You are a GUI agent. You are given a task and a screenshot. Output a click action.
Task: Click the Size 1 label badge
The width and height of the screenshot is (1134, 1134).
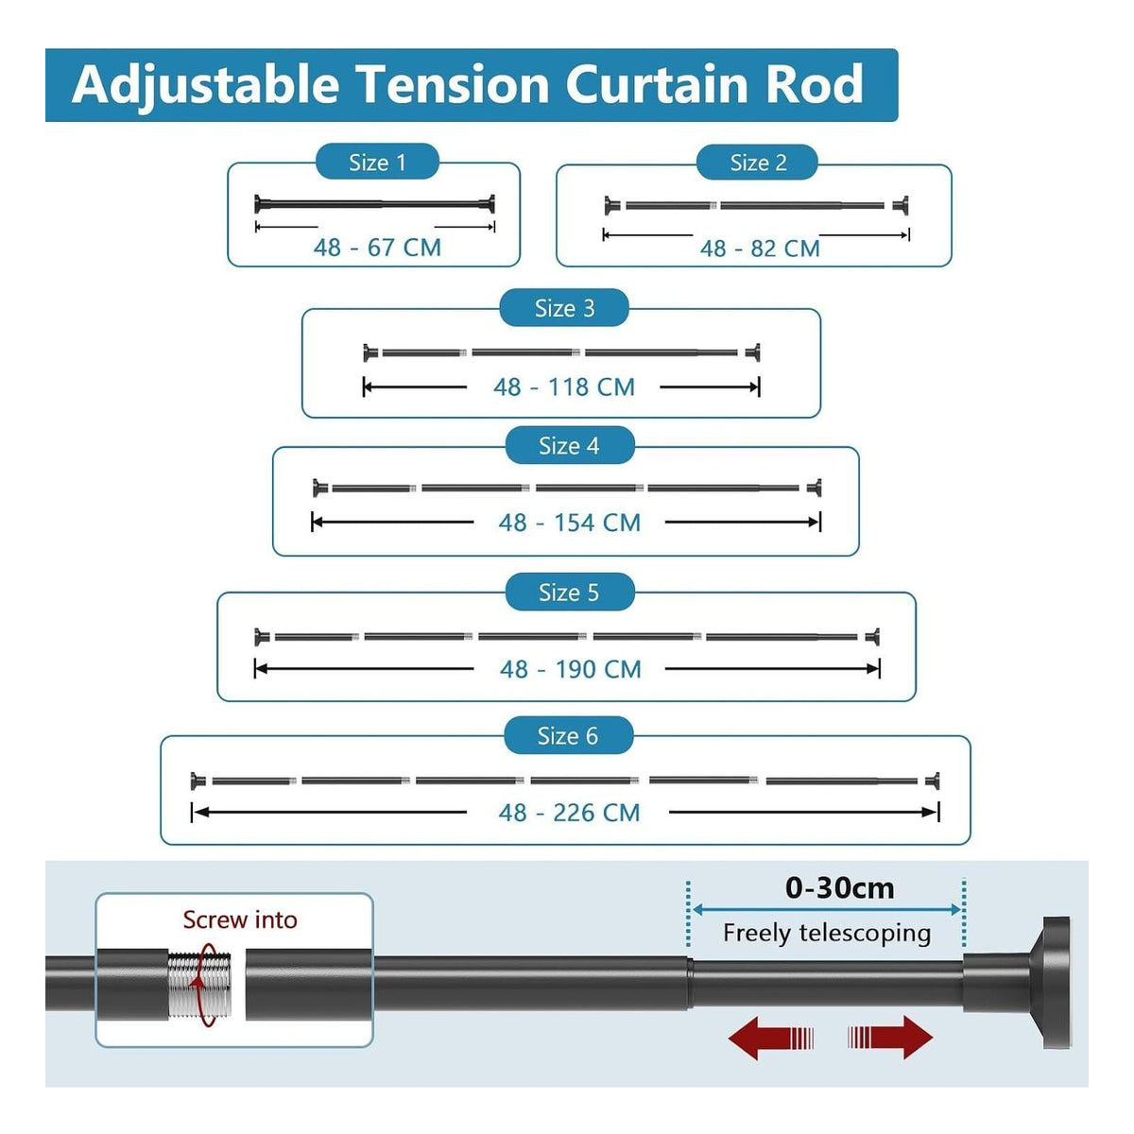377,162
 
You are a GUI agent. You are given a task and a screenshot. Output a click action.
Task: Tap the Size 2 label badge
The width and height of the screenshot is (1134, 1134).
757,163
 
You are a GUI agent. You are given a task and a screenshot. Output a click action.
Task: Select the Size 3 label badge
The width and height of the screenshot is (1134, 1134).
564,308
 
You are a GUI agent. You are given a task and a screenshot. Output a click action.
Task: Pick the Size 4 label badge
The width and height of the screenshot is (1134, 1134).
570,445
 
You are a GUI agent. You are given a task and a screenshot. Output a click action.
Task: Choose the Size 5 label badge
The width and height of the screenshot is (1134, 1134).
570,592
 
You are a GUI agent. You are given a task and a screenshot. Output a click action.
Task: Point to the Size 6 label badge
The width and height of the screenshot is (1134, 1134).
569,735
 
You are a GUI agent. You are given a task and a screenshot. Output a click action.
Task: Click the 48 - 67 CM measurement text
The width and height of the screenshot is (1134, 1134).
377,248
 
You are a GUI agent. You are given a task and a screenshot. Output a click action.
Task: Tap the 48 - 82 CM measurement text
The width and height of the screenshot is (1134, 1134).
760,249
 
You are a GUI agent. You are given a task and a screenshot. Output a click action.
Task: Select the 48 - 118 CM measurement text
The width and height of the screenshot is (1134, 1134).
564,387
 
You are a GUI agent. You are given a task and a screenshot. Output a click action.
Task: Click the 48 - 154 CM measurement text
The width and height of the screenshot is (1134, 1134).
570,523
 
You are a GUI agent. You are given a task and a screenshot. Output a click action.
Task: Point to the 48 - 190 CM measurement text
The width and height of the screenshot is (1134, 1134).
570,669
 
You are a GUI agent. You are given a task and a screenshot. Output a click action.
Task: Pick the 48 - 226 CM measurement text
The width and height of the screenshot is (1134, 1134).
569,813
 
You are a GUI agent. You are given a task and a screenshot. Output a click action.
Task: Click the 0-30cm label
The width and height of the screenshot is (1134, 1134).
839,888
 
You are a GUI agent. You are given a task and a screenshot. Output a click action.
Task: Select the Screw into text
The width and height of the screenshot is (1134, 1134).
240,919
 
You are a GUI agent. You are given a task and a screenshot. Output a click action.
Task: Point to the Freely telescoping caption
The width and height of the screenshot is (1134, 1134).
827,934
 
